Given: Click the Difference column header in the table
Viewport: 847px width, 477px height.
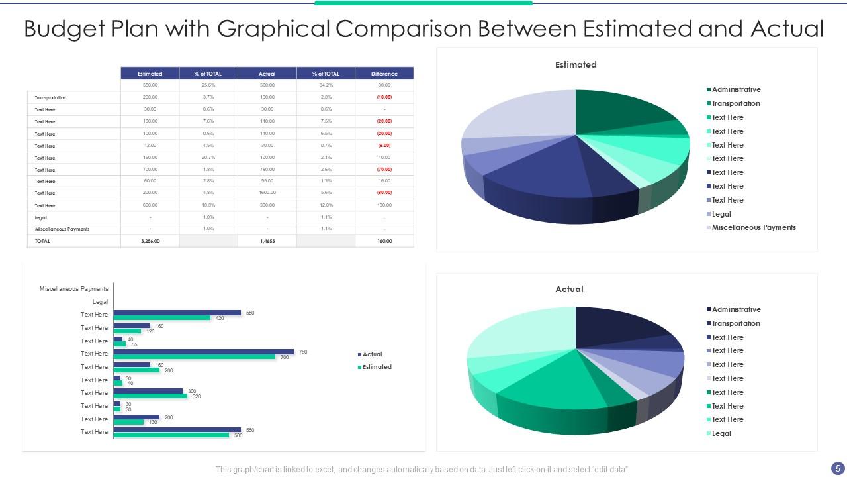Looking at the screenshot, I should [x=384, y=74].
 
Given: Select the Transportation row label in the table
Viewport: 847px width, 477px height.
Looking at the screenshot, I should [x=50, y=97].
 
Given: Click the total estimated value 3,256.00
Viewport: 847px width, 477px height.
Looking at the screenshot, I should [x=150, y=241].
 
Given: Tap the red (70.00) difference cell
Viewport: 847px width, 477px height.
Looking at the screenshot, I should [x=384, y=170].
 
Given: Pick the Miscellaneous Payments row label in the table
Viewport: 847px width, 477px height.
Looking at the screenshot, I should [x=62, y=229].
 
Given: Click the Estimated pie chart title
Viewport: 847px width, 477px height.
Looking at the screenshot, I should [x=576, y=64].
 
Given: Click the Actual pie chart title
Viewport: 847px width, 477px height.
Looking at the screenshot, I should [x=569, y=289].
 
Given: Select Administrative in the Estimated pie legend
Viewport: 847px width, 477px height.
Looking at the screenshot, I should [x=736, y=89].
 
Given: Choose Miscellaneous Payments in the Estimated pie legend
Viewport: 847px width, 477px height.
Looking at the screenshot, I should [x=753, y=227].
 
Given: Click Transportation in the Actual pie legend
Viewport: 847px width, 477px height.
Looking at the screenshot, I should [x=736, y=323].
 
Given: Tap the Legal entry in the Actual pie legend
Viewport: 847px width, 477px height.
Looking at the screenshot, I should [x=721, y=433].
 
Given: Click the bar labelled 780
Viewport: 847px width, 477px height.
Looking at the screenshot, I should [x=203, y=352].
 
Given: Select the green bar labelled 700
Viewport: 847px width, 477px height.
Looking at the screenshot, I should [x=194, y=357].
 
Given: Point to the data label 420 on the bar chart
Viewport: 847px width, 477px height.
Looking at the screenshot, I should [x=220, y=319].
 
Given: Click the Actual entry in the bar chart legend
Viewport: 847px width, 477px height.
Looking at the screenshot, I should [x=372, y=354].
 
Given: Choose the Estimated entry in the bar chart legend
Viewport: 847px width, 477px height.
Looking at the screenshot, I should [x=377, y=367].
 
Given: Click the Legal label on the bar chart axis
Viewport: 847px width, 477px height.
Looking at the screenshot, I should [x=100, y=301].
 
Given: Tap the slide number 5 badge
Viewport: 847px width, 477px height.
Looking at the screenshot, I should [x=838, y=468].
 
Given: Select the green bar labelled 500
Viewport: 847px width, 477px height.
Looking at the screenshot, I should [x=171, y=435].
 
